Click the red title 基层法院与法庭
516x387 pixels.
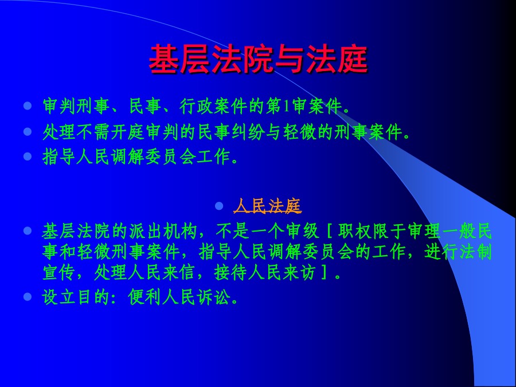(259, 59)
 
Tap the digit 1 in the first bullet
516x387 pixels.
(286, 106)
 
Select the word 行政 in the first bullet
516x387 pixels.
(196, 106)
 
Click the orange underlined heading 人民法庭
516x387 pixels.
(268, 206)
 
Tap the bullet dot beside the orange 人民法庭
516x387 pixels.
(219, 206)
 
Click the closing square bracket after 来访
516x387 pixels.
(324, 273)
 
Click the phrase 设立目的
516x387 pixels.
(76, 297)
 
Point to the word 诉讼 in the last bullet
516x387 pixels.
(213, 297)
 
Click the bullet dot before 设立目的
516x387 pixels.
(28, 297)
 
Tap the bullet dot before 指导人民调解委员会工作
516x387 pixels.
(28, 157)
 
